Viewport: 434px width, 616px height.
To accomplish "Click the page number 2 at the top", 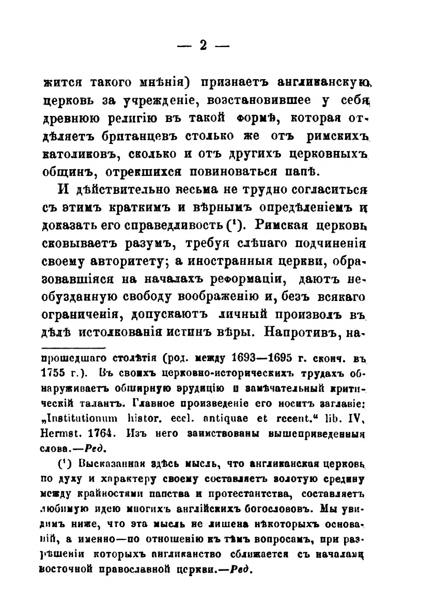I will [x=203, y=46].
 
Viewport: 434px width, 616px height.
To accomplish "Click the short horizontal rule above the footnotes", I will [x=73, y=348].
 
